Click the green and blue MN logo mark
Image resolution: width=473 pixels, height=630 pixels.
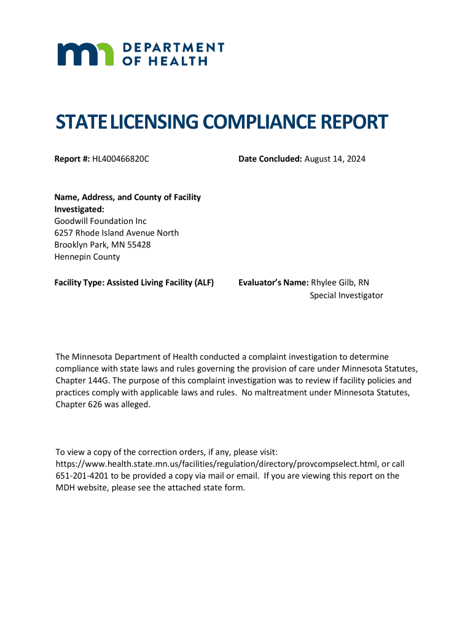tap(85, 54)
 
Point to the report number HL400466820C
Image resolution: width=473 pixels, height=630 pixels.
tap(121, 159)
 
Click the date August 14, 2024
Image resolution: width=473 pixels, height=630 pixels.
tap(335, 159)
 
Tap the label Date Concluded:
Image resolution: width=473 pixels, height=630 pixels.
tap(270, 159)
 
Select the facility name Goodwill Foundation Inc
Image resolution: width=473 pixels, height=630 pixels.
tap(101, 221)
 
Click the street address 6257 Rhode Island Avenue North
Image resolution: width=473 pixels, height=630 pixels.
tap(117, 233)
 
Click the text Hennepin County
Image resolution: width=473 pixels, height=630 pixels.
tap(87, 257)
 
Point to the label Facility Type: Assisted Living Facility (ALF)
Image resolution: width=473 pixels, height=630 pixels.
tap(134, 282)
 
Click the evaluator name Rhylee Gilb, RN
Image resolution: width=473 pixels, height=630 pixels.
tap(340, 282)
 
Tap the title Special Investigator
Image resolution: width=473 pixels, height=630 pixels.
tap(346, 295)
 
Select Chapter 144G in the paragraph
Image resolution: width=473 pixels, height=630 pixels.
tap(79, 380)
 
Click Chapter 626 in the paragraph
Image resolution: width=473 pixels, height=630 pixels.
tap(79, 404)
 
